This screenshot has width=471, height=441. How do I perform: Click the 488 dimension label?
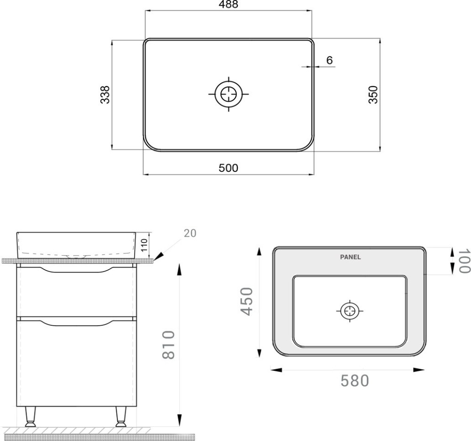click(228, 4)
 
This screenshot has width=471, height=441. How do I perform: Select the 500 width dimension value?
click(228, 168)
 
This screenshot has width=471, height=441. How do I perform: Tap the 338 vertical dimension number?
click(105, 95)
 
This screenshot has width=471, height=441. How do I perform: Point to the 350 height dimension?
click(373, 95)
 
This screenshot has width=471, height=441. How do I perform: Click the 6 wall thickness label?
click(330, 60)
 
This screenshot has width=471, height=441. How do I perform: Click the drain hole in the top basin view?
click(228, 94)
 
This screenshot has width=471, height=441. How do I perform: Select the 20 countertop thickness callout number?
click(190, 233)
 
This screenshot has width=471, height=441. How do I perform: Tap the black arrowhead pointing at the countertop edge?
click(159, 256)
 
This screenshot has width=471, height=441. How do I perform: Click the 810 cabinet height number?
click(169, 345)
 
